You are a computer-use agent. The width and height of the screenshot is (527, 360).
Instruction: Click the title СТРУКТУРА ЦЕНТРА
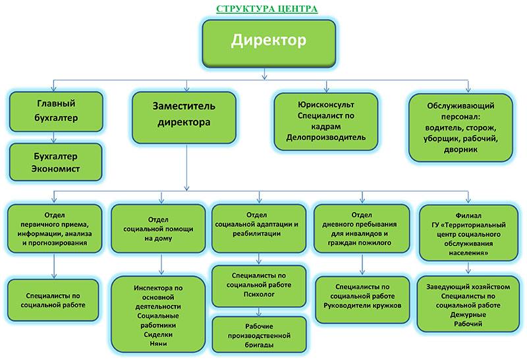click(267, 9)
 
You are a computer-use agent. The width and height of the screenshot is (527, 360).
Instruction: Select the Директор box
click(269, 43)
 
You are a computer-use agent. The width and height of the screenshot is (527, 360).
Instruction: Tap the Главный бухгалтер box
click(56, 111)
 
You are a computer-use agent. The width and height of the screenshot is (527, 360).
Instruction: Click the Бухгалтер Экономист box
click(56, 162)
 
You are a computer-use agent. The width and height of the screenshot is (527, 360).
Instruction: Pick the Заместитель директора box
click(184, 118)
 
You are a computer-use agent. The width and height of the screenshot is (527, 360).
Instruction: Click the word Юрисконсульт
click(326, 105)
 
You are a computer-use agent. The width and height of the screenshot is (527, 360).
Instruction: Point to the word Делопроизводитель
click(326, 138)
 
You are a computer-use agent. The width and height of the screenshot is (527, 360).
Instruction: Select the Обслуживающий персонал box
click(460, 128)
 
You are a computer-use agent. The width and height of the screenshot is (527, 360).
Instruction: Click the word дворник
click(460, 150)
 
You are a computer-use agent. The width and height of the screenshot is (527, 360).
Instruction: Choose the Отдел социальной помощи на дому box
click(158, 228)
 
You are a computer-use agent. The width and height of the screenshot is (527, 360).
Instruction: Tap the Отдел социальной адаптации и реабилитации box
click(259, 228)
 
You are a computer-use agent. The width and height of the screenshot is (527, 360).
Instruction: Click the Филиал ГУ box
click(468, 233)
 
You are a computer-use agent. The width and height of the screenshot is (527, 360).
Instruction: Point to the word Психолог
click(259, 294)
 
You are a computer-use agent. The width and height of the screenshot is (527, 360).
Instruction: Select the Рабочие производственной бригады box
click(259, 335)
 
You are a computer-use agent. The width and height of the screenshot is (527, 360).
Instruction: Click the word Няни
click(158, 344)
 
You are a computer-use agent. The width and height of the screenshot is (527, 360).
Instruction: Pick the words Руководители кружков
click(363, 305)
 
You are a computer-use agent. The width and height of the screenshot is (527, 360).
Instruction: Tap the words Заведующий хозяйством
click(468, 287)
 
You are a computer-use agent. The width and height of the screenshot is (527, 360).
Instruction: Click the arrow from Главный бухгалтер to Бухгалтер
click(53, 138)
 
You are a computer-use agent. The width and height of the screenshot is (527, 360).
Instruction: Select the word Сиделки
click(158, 334)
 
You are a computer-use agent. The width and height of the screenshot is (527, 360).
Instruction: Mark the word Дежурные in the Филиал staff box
click(468, 315)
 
